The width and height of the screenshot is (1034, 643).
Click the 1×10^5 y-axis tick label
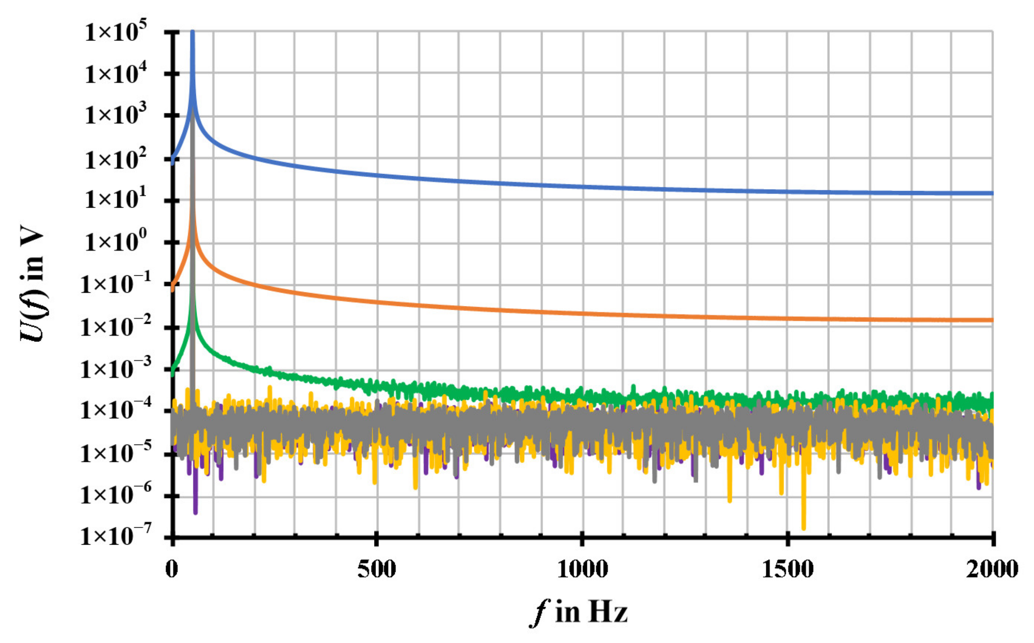116,33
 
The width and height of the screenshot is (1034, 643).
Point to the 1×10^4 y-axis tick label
116,75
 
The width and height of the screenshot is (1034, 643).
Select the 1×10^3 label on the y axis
116,116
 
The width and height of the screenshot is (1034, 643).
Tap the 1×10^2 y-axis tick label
116,160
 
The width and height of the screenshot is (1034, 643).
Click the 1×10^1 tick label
116,200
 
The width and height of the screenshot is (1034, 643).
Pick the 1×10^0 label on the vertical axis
116,242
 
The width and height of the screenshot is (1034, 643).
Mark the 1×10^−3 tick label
116,369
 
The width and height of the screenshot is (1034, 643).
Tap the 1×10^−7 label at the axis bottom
116,536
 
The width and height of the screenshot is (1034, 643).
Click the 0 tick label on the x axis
172,569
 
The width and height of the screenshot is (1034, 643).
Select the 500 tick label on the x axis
377,569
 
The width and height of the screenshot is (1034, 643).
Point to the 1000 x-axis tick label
582,569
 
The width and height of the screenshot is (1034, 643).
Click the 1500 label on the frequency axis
787,569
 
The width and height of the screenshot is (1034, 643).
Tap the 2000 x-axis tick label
992,569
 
